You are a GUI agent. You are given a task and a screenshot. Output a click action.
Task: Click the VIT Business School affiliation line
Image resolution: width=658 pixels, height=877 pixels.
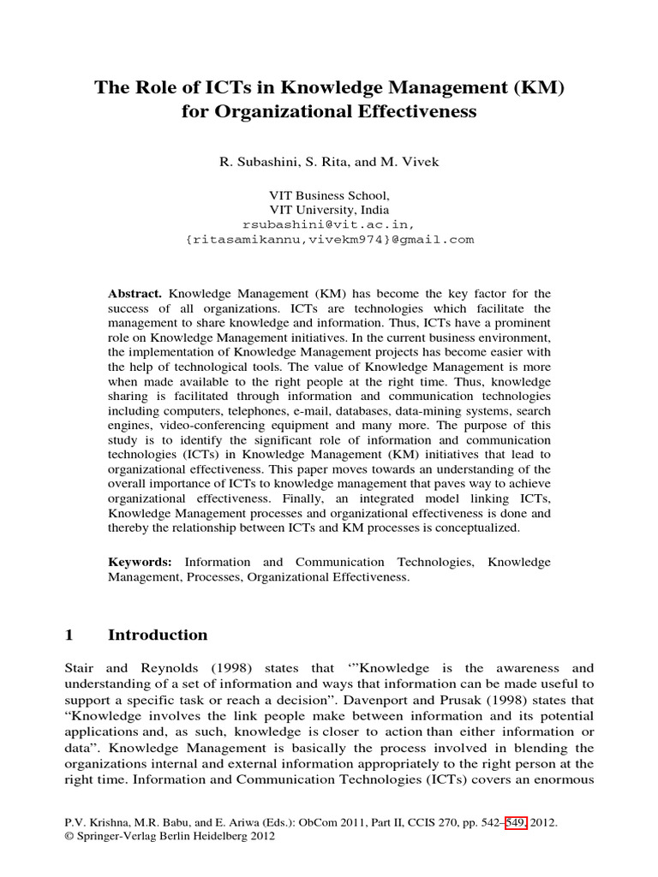[x=329, y=195]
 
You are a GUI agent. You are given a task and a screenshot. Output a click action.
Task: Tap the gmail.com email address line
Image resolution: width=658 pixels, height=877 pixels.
[x=329, y=239]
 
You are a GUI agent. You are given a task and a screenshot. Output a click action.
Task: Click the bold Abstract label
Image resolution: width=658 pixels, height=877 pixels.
[x=135, y=294]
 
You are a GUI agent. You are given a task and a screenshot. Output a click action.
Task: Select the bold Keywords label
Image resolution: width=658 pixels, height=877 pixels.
[x=140, y=562]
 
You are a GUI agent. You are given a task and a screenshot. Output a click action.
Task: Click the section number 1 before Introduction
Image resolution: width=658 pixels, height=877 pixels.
[x=69, y=635]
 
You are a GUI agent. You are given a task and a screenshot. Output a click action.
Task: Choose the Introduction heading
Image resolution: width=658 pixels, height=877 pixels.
[x=158, y=635]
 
